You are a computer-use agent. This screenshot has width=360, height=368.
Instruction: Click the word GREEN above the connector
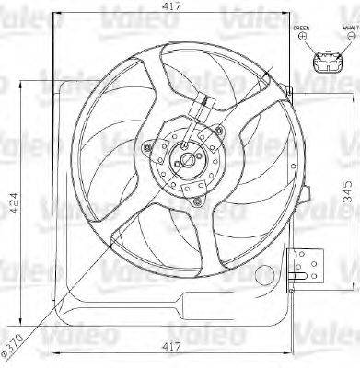pos(302,27)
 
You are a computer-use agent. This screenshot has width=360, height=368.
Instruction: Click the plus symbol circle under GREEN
pos(302,37)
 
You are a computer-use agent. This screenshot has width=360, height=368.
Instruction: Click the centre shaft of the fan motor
pos(188,161)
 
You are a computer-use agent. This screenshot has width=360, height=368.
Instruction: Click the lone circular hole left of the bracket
pos(266,273)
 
